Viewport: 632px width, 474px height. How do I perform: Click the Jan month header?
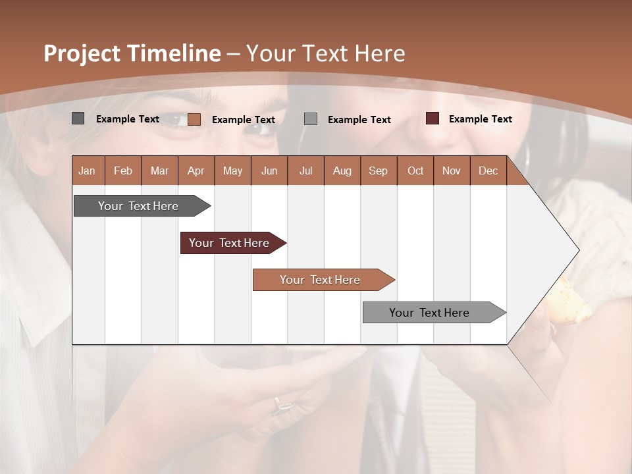tap(88, 171)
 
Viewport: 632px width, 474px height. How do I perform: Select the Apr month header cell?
tap(196, 171)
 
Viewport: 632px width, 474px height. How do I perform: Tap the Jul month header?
tap(305, 171)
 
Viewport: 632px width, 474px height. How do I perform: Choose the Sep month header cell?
tap(378, 171)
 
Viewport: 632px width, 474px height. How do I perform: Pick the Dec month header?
tap(488, 171)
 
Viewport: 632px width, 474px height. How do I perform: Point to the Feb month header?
tap(123, 171)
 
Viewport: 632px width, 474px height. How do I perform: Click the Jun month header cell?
tap(269, 171)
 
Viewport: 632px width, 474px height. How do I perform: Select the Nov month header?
tap(452, 171)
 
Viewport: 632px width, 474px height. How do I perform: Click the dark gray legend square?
tap(78, 118)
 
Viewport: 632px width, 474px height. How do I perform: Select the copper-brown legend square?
tap(194, 119)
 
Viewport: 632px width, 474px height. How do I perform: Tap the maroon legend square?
tap(433, 118)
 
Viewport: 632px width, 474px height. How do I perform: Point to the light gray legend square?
tap(311, 118)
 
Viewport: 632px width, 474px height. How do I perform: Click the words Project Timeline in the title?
tap(132, 53)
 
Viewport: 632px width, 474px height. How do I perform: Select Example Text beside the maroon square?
tap(480, 119)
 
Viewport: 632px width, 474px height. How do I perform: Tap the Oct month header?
tap(415, 171)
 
